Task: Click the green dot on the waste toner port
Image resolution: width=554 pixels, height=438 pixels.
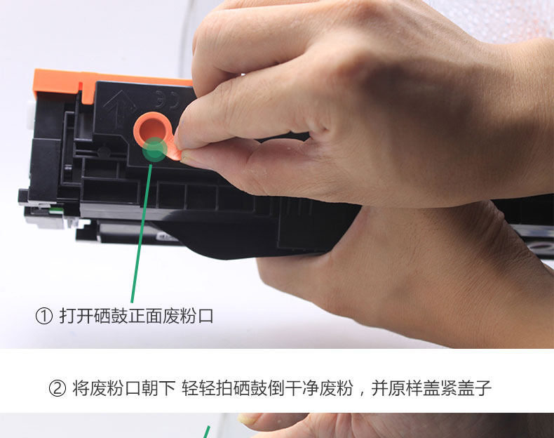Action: tap(154, 150)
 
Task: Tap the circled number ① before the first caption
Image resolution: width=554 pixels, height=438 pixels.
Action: tap(44, 316)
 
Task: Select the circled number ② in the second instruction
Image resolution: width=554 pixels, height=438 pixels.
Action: tap(58, 388)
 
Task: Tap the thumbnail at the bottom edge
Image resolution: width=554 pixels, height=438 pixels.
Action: tap(277, 425)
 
